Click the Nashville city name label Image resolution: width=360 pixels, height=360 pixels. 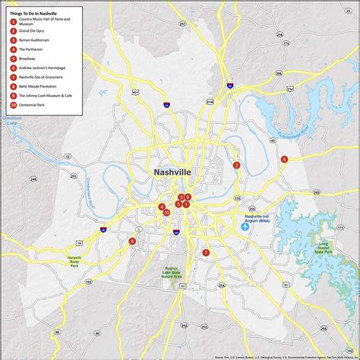pyautogui.click(x=172, y=172)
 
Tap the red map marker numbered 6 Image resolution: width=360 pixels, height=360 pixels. pyautogui.click(x=284, y=159)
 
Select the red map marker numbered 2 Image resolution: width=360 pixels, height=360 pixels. pyautogui.click(x=236, y=165)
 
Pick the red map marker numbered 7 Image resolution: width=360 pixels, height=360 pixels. pyautogui.click(x=206, y=253)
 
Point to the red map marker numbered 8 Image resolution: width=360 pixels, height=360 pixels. pyautogui.click(x=132, y=242)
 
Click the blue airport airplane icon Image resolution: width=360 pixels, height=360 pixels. pyautogui.click(x=245, y=226)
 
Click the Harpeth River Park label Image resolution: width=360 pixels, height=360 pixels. pyautogui.click(x=74, y=262)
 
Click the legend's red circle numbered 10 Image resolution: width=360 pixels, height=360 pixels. pyautogui.click(x=13, y=104)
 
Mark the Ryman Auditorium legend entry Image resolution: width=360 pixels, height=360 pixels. pyautogui.click(x=35, y=40)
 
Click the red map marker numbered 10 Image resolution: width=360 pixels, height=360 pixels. pyautogui.click(x=166, y=213)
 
